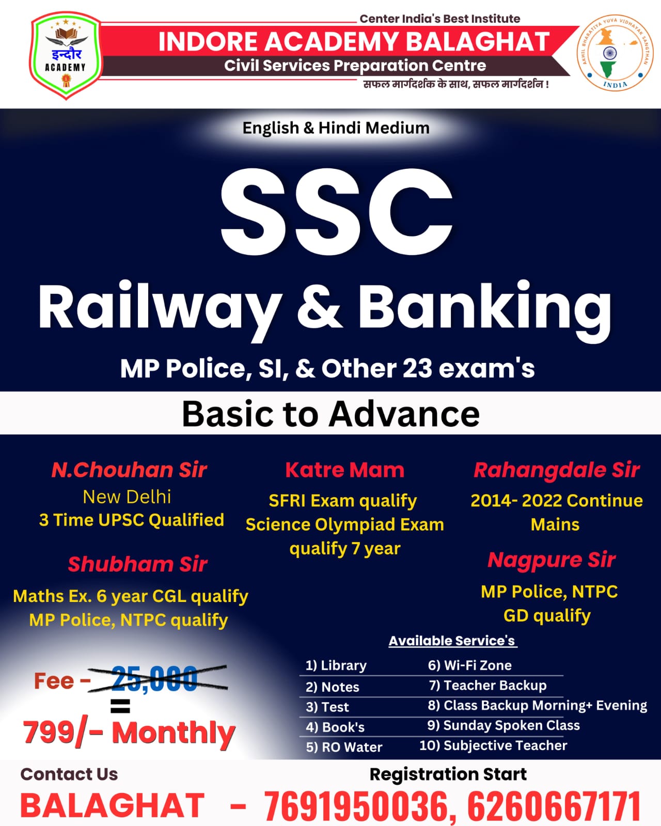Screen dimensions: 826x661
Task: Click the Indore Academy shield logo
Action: [x=66, y=56]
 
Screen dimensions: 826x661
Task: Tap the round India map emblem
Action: [x=615, y=53]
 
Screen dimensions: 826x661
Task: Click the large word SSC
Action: [x=336, y=213]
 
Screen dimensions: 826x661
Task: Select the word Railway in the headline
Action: [x=159, y=307]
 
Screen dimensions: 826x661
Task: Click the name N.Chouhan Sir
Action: [x=129, y=470]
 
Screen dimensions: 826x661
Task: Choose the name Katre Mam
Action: [x=344, y=470]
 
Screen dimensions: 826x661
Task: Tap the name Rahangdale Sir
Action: [x=557, y=470]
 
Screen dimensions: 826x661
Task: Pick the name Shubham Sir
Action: [x=137, y=564]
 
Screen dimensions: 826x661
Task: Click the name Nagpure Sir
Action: [x=552, y=560]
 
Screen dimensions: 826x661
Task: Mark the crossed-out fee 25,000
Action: [x=155, y=679]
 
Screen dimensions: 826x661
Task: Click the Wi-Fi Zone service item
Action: [x=470, y=665]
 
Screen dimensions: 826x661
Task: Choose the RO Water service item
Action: [x=344, y=747]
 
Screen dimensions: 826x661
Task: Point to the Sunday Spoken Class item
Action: [x=503, y=725]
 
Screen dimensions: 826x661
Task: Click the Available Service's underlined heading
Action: [x=452, y=641]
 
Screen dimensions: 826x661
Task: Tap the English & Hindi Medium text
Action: [x=336, y=128]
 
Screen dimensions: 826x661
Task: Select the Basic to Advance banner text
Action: [x=330, y=414]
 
